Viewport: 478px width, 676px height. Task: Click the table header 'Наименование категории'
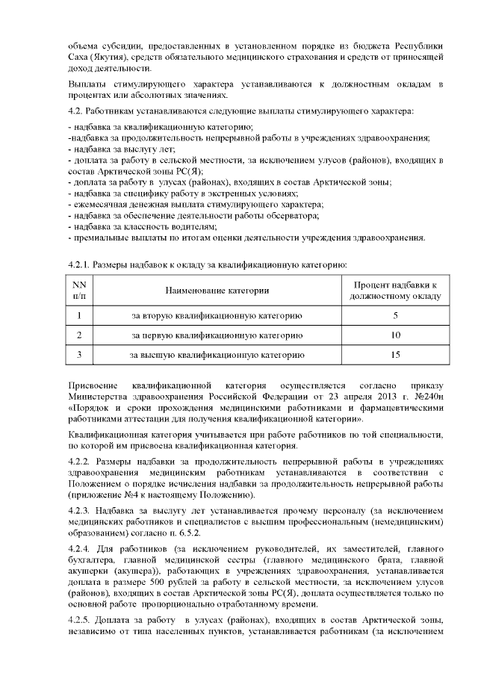217,290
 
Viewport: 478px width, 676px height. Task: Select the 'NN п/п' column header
79,290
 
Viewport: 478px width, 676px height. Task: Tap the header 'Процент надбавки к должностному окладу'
395,290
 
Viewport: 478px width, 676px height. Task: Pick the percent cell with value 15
395,355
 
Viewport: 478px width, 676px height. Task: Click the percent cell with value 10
395,335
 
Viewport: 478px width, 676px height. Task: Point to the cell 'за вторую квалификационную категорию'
217,314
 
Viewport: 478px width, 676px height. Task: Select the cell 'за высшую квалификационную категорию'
217,355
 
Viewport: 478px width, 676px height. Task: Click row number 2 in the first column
79,335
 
